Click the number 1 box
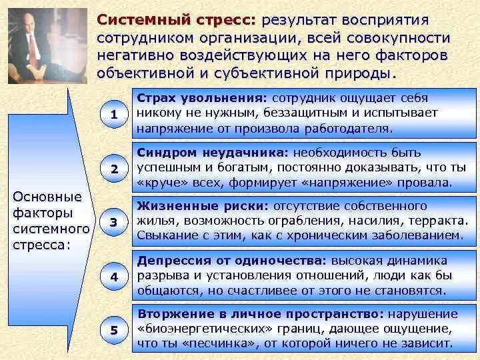tap(114, 114)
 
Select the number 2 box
tap(114, 169)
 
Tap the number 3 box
tap(114, 223)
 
